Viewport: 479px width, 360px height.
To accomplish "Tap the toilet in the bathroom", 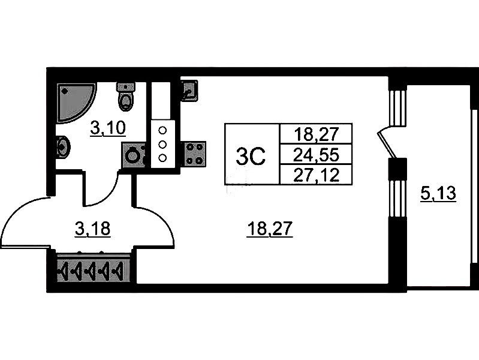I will tap(126, 98).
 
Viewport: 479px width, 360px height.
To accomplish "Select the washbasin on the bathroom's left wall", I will tap(62, 146).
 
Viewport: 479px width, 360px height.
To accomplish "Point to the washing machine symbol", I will tap(133, 156).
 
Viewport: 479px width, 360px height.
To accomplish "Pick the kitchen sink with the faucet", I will tap(189, 92).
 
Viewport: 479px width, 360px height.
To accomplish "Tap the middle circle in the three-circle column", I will tap(162, 144).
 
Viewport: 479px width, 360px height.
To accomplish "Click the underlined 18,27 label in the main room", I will tap(270, 228).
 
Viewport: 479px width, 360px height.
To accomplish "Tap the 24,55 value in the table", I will tap(316, 155).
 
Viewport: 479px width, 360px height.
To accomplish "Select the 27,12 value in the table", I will tap(316, 175).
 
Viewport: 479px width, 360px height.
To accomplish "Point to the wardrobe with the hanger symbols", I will tap(92, 271).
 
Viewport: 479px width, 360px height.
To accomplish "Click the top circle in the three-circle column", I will tap(162, 130).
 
